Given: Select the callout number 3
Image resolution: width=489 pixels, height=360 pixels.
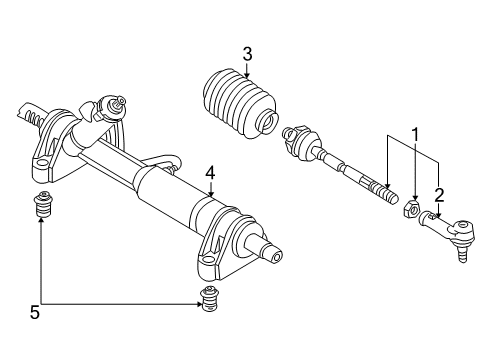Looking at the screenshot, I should click(x=245, y=54).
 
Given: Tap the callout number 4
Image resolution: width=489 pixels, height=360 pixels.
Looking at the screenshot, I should click(x=210, y=172).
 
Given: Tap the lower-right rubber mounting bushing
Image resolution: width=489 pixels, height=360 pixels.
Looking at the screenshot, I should click(x=207, y=299).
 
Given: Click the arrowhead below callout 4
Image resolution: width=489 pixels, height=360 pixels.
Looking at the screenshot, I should click(x=210, y=194).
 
